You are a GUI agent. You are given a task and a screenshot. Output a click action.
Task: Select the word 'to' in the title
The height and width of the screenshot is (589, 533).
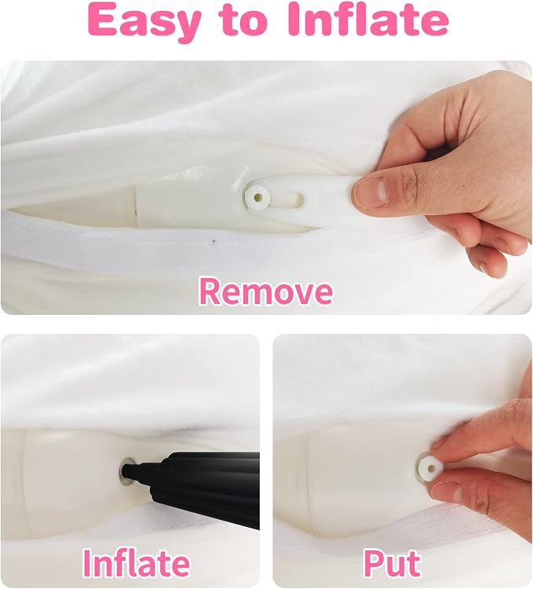[244, 20]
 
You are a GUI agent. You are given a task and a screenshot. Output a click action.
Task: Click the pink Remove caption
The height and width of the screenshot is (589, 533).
[266, 291]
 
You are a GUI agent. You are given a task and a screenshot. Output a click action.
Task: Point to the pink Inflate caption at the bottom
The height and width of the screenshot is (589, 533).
[137, 562]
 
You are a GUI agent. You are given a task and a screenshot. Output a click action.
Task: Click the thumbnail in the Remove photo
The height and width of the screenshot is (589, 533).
[370, 192]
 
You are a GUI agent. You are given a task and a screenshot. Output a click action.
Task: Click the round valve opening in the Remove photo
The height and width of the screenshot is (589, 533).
[257, 196]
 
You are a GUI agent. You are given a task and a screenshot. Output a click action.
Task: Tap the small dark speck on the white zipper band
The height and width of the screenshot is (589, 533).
[214, 242]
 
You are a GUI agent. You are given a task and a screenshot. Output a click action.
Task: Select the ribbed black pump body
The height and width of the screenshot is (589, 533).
[210, 488]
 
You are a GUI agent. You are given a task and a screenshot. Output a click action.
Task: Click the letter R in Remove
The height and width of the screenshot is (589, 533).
[210, 291]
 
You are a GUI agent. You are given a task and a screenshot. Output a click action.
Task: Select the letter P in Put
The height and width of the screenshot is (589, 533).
[374, 563]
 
